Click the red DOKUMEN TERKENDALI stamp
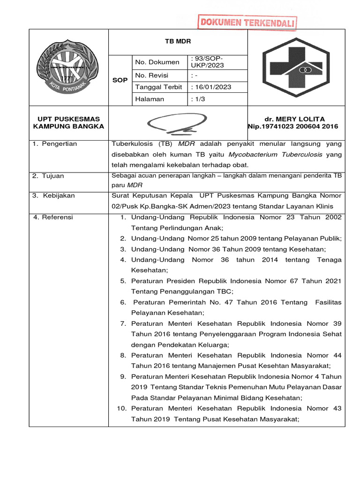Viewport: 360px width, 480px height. [x=247, y=22]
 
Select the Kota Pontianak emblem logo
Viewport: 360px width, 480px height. [x=68, y=67]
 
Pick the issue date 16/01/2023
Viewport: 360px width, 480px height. [x=211, y=87]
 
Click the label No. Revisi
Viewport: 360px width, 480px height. [x=151, y=75]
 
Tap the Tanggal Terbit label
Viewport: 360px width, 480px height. [x=157, y=87]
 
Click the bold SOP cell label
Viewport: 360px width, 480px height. [x=120, y=80]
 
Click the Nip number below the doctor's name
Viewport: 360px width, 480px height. [x=292, y=127]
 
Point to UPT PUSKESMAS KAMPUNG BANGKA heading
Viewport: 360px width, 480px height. [x=68, y=123]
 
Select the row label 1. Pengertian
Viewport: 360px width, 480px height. [x=55, y=143]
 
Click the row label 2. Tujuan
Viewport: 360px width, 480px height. [x=48, y=176]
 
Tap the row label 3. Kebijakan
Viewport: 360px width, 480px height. [x=53, y=195]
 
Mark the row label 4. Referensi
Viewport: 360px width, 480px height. [x=53, y=217]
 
